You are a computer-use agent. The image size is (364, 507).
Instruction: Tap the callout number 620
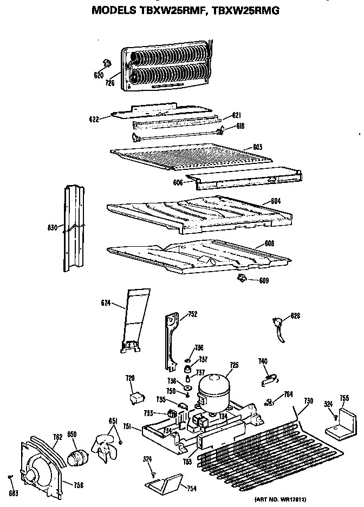coord(98,75)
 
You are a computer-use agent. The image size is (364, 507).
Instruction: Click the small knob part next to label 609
coord(241,278)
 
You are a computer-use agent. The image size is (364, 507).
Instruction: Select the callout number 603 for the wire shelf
coord(257,146)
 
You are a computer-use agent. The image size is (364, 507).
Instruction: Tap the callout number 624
coord(105,304)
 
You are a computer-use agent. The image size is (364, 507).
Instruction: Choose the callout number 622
coord(94,118)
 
